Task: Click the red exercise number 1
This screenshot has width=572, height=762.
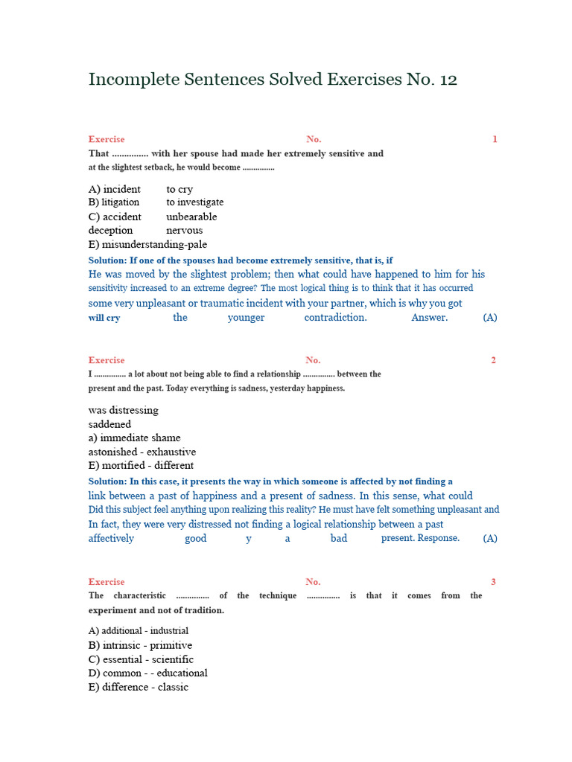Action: coord(495,139)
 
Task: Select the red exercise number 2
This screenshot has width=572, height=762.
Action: coord(494,360)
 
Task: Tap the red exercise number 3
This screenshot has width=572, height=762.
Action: coord(494,582)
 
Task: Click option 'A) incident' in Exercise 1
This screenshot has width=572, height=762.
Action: coord(115,189)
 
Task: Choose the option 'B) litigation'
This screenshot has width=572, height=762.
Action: coord(114,202)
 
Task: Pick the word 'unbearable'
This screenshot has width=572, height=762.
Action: coord(191,217)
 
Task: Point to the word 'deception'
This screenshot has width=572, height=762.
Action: coord(110,231)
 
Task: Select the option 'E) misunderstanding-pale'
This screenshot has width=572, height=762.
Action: coord(147,244)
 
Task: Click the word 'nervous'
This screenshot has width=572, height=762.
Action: coord(184,231)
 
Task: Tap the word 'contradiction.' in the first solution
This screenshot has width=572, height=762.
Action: coord(335,318)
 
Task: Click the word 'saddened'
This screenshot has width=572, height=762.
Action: coord(109,424)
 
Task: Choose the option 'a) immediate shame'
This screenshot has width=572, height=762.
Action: coord(134,438)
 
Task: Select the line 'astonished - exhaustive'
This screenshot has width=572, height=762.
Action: coord(142,452)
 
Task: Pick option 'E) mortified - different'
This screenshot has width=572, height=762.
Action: coord(141,465)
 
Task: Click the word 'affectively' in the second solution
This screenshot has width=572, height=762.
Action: coord(112,538)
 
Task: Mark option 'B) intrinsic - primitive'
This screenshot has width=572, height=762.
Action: coord(140,645)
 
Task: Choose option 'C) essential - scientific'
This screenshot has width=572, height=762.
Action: coord(141,659)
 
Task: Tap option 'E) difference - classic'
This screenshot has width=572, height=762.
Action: coord(139,687)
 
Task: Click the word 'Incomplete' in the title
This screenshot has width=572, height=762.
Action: coord(132,80)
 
